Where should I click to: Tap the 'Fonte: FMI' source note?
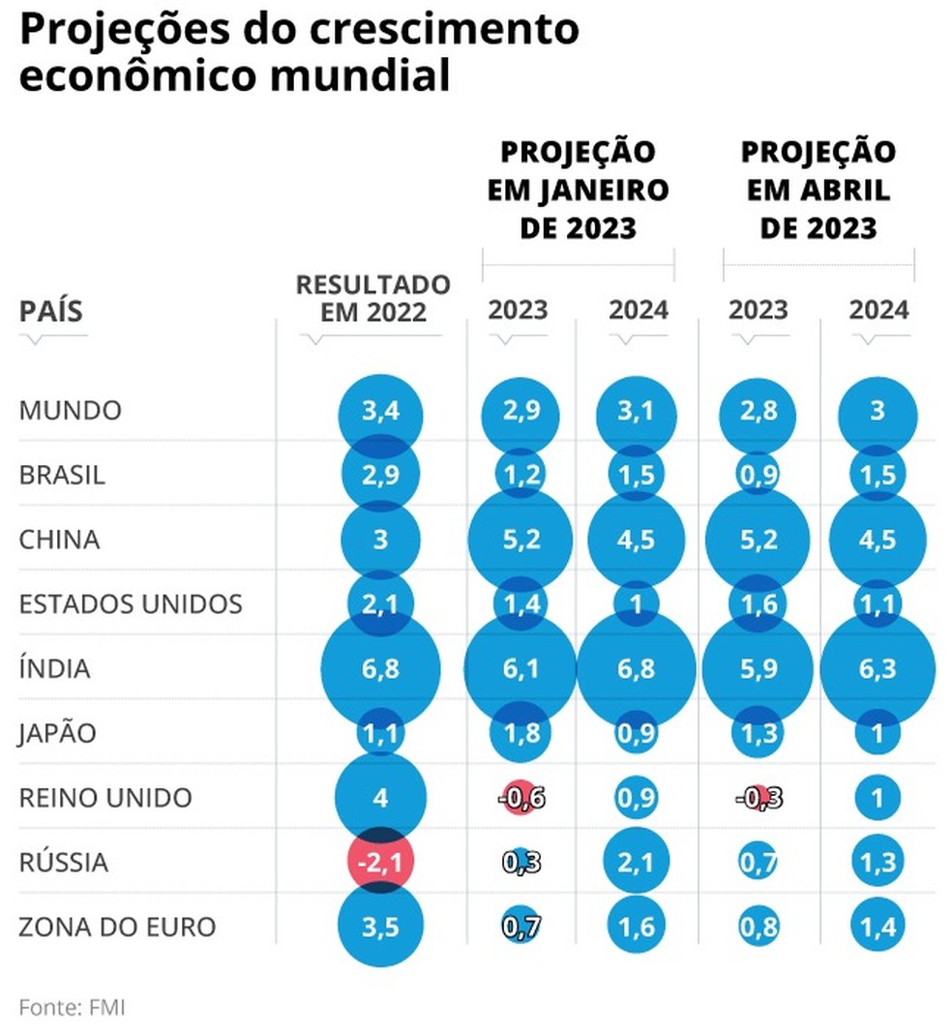72,1006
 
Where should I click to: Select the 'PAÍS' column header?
51,311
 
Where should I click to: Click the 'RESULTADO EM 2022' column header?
372,298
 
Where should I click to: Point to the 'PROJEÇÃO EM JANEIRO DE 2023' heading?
578,191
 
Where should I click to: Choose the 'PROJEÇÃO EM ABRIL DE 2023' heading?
818,191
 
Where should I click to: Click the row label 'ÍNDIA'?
54,668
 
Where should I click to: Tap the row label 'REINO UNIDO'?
105,798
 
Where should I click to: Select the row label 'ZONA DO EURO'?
117,926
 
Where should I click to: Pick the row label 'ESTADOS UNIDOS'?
131,603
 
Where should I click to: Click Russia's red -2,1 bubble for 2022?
380,862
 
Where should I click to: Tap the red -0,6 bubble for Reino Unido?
521,798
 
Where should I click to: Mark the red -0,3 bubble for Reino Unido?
758,798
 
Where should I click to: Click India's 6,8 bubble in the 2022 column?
380,668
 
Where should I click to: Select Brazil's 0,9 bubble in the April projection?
758,475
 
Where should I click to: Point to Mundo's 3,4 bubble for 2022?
380,411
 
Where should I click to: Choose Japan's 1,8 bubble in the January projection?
521,733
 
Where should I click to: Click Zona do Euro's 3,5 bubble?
380,926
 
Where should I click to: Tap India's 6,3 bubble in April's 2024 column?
878,668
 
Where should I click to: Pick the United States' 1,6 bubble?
758,603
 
